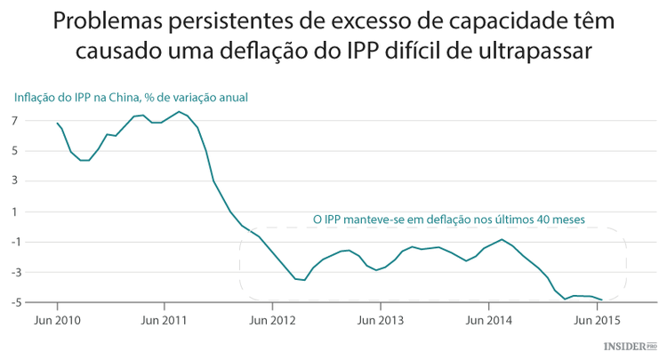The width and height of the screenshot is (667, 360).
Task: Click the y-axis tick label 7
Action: (16, 120)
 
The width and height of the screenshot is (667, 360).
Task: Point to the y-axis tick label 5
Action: (16, 150)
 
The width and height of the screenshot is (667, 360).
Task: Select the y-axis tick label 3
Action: (16, 181)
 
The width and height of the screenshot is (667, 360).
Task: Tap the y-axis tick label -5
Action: (14, 302)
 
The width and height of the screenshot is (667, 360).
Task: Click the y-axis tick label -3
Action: (14, 272)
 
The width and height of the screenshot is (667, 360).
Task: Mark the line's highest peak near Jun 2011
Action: (179, 111)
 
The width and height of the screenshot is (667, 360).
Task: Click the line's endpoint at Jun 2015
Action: (602, 300)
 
